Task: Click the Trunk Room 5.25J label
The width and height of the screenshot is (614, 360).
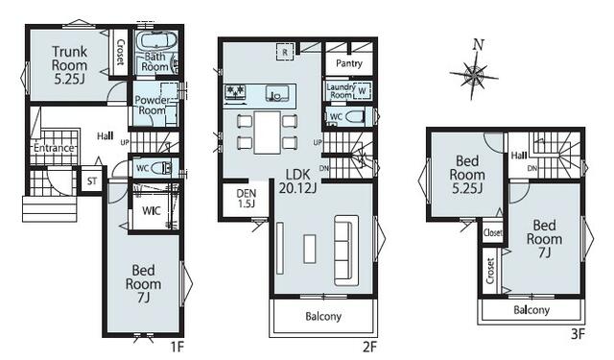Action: [69, 65]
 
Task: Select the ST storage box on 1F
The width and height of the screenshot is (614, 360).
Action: [92, 180]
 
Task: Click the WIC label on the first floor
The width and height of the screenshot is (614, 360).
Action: [152, 211]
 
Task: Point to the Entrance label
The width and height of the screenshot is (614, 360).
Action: [54, 148]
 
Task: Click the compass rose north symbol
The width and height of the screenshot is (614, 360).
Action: [474, 75]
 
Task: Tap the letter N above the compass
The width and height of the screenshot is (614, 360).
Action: [478, 44]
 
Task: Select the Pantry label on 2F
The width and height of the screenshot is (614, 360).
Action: [349, 63]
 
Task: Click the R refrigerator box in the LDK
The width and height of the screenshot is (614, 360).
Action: [285, 51]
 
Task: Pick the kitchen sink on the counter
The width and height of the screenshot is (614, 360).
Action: [277, 94]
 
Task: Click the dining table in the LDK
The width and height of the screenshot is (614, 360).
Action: [268, 132]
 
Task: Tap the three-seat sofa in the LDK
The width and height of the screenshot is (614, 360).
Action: [346, 250]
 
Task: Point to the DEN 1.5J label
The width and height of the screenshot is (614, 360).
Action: [247, 198]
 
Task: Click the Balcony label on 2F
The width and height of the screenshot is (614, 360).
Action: [323, 316]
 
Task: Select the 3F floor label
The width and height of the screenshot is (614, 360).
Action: [578, 334]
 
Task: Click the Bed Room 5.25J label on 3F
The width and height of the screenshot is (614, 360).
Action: [467, 175]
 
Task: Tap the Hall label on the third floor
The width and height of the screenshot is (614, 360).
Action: [519, 156]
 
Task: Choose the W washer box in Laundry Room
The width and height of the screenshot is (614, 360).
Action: [362, 91]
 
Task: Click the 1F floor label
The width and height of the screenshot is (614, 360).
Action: [177, 347]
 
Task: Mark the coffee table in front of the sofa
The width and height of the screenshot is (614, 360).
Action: [309, 249]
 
